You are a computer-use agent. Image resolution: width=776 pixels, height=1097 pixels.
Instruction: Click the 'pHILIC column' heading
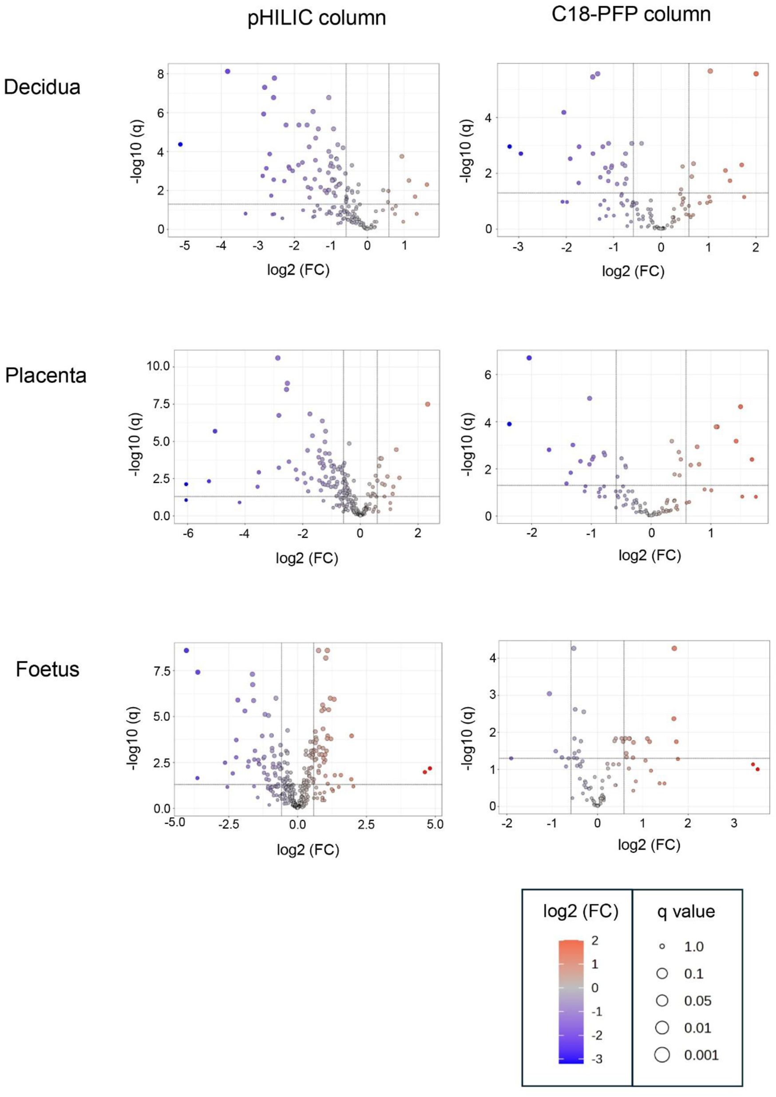click(x=317, y=18)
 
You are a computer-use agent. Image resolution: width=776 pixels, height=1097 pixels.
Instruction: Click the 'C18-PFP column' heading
click(x=631, y=14)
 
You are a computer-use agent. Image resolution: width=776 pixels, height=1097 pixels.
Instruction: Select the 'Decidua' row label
click(x=42, y=87)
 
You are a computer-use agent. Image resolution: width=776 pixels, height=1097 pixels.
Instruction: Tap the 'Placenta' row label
click(x=46, y=376)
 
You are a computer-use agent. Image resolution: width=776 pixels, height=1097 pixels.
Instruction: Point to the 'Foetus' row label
click(x=48, y=669)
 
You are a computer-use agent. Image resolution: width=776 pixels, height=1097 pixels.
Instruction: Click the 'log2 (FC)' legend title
click(x=581, y=911)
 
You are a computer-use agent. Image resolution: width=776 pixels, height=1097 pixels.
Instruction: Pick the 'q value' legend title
click(x=686, y=911)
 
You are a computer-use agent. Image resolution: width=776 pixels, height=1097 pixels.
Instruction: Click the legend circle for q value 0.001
click(x=662, y=1055)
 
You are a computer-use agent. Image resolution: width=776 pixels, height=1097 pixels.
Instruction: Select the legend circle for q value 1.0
click(x=662, y=946)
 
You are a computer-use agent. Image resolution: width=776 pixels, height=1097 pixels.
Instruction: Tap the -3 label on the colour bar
click(x=597, y=1059)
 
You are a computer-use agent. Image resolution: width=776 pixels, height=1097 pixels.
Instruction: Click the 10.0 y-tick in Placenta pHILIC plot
click(x=158, y=366)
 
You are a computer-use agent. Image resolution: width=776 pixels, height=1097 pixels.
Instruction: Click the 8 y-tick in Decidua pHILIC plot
click(x=160, y=74)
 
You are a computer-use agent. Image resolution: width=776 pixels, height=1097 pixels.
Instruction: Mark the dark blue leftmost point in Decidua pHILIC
click(x=180, y=144)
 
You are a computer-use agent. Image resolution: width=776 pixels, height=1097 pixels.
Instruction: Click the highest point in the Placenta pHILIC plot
click(x=277, y=358)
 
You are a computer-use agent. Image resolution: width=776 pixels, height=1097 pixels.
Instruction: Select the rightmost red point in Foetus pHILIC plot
click(x=430, y=769)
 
